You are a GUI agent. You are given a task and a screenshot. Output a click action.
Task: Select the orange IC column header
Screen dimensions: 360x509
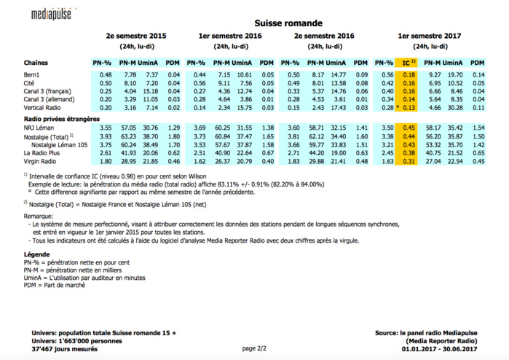pyautogui.click(x=409, y=63)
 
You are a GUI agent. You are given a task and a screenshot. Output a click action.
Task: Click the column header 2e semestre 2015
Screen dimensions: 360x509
pyautogui.click(x=135, y=35)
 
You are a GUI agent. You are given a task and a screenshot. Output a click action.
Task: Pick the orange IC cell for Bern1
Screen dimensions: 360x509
pyautogui.click(x=409, y=75)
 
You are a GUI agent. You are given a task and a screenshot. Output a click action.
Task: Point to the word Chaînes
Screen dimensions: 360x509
pyautogui.click(x=36, y=63)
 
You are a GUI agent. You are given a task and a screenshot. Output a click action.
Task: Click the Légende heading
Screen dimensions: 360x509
pyautogui.click(x=37, y=254)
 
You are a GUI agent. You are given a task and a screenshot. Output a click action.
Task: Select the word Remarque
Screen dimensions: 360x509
pyautogui.click(x=40, y=217)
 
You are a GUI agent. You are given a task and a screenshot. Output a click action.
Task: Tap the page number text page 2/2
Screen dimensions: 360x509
pyautogui.click(x=255, y=348)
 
